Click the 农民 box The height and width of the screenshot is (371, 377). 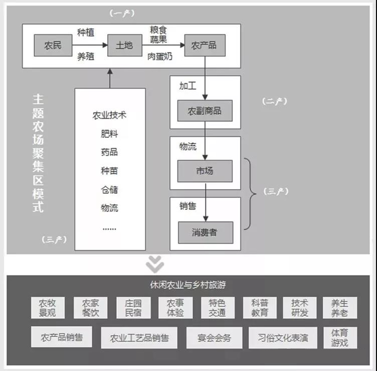pyautogui.click(x=53, y=46)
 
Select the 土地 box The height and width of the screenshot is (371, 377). pyautogui.click(x=124, y=46)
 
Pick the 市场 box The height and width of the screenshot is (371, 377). pyautogui.click(x=205, y=171)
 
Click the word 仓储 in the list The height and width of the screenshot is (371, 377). pyautogui.click(x=110, y=190)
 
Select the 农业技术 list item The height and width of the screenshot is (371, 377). pyautogui.click(x=110, y=115)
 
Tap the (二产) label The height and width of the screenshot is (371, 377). pyautogui.click(x=275, y=101)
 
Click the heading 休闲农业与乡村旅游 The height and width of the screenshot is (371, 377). pyautogui.click(x=188, y=285)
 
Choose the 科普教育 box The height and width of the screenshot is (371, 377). pyautogui.click(x=260, y=308)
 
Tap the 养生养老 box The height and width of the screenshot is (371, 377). pyautogui.click(x=339, y=308)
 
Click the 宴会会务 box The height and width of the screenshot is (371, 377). pyautogui.click(x=214, y=338)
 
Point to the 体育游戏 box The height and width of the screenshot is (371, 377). pyautogui.click(x=339, y=337)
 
